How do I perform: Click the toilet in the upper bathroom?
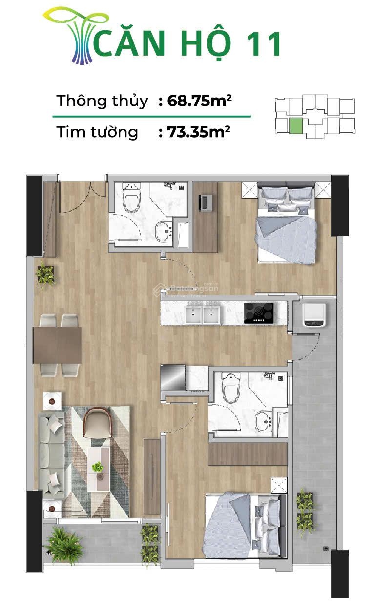tap(131, 198)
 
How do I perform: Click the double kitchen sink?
tap(203, 314)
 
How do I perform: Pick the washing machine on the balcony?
tap(312, 315)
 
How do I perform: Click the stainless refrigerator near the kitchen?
tap(173, 377)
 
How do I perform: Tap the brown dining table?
tap(57, 345)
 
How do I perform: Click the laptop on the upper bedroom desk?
tap(206, 201)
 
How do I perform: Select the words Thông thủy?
tap(102, 101)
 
